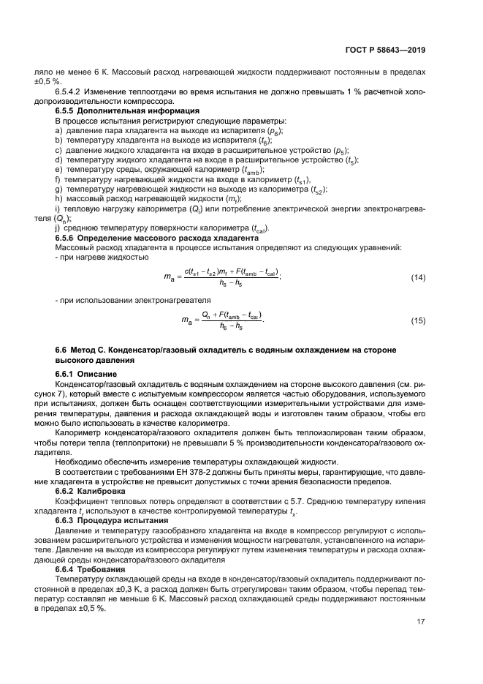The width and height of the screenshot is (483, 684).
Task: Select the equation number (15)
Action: (x=419, y=320)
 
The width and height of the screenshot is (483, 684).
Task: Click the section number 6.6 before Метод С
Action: (x=62, y=350)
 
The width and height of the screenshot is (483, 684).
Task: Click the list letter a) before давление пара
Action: (x=59, y=129)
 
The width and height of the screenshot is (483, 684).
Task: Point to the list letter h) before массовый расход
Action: (x=59, y=198)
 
